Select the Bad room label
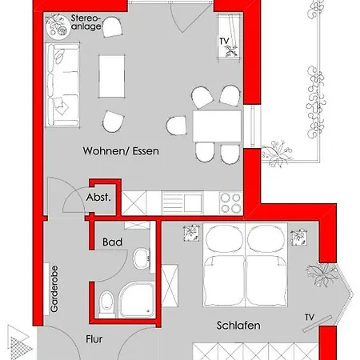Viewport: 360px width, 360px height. click(111, 240)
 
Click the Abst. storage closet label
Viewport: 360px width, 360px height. click(102, 197)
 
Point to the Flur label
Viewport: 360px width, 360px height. click(94, 339)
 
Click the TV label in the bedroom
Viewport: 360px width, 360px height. click(309, 318)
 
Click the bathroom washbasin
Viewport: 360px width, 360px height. click(141, 258)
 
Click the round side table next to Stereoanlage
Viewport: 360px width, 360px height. click(58, 29)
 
